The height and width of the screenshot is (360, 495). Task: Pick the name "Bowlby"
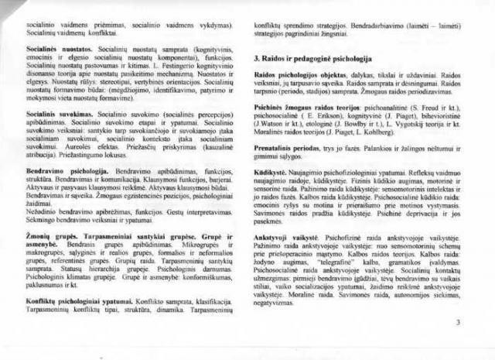click(352, 132)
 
